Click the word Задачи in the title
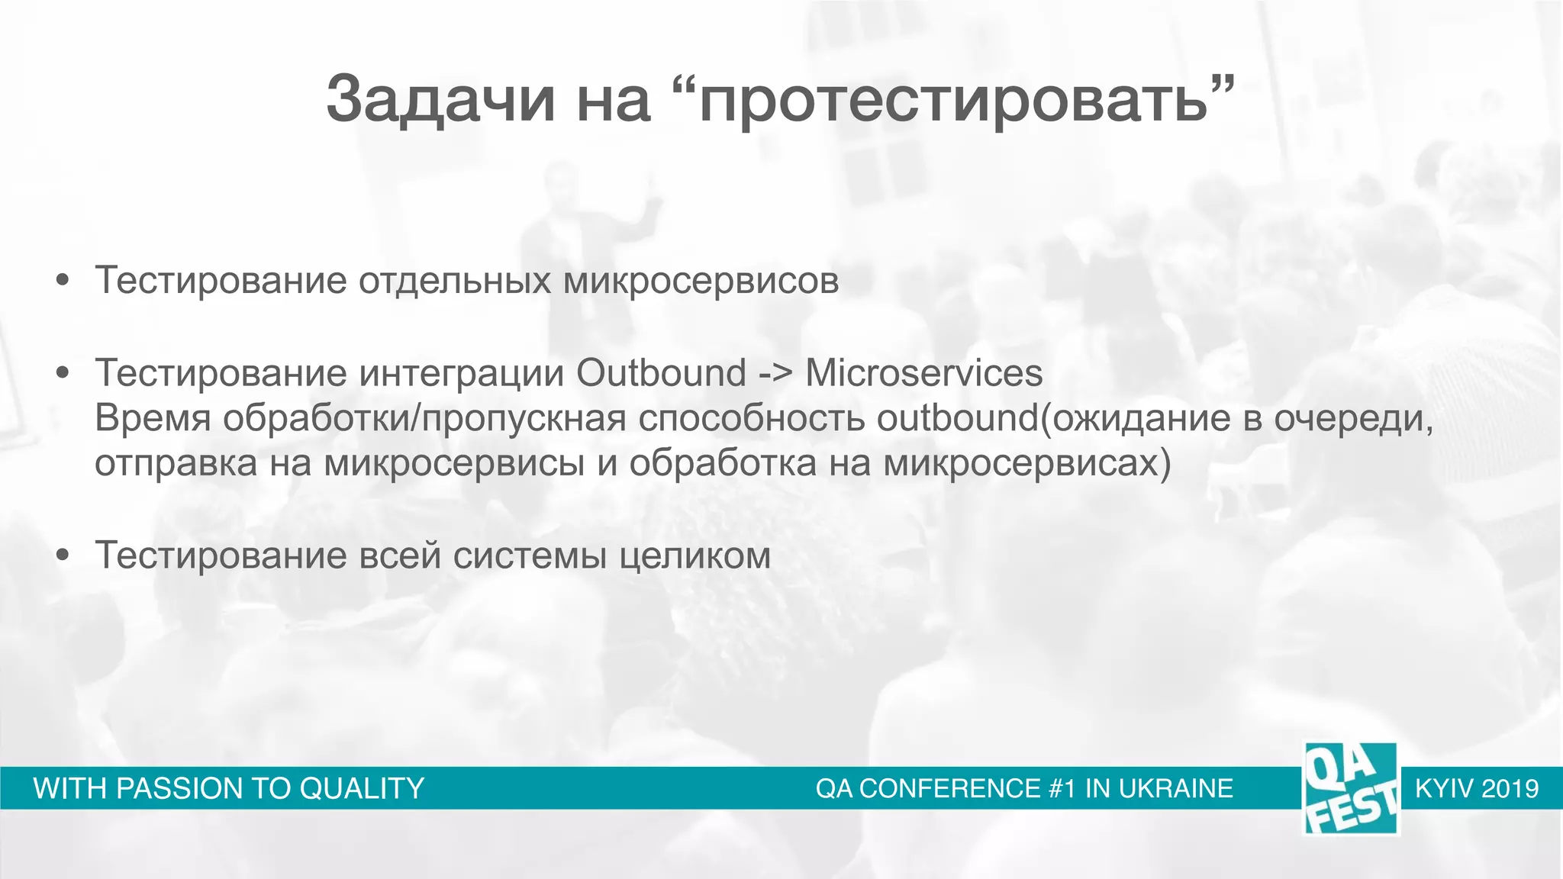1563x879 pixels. pyautogui.click(x=440, y=99)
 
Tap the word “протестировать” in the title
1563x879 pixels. pyautogui.click(x=954, y=99)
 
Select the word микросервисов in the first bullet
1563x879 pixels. pyautogui.click(x=701, y=280)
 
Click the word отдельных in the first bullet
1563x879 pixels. pyautogui.click(x=454, y=280)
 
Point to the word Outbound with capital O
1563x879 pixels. pyautogui.click(x=661, y=373)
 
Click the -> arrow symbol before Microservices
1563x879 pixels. pyautogui.click(x=775, y=374)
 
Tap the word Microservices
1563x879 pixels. pyautogui.click(x=923, y=373)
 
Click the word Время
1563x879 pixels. pyautogui.click(x=152, y=418)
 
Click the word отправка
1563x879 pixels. pyautogui.click(x=176, y=463)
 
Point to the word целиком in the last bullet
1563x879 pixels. pyautogui.click(x=694, y=555)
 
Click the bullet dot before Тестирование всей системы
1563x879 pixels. pyautogui.click(x=63, y=555)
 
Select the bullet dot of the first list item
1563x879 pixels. pyautogui.click(x=63, y=280)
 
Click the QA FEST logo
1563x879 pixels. pyautogui.click(x=1350, y=788)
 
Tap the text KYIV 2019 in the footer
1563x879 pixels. pyautogui.click(x=1476, y=788)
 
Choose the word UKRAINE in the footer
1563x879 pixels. pyautogui.click(x=1175, y=788)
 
